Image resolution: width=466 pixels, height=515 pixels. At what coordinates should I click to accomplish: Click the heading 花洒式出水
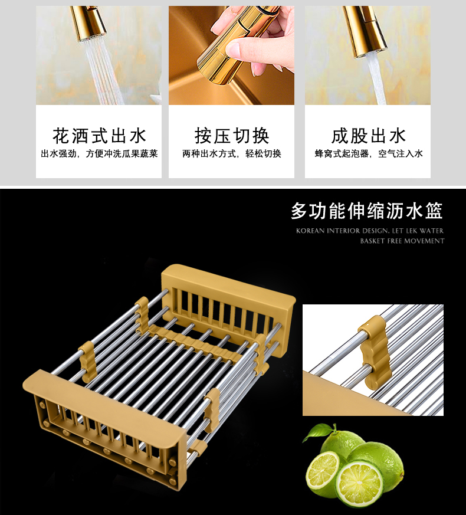pos(99,136)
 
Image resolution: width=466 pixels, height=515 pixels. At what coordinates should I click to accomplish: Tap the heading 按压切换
pos(231,136)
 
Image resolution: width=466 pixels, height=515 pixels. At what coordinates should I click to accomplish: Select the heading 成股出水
pos(368,136)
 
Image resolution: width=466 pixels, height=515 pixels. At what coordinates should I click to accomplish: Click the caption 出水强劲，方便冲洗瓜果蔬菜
pos(99,154)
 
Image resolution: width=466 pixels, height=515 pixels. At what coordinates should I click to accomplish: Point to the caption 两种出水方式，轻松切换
pos(231,154)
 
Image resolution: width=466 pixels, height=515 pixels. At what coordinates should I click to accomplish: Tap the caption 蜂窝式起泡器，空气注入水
pos(368,154)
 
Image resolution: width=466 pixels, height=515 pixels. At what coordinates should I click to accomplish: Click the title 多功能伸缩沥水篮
pos(367,211)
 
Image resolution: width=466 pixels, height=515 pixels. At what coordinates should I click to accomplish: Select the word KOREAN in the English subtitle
pos(310,231)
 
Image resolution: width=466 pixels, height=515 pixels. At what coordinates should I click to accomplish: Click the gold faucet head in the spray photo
pos(88,22)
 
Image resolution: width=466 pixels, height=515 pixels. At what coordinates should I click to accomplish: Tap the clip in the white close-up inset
pos(373,352)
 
